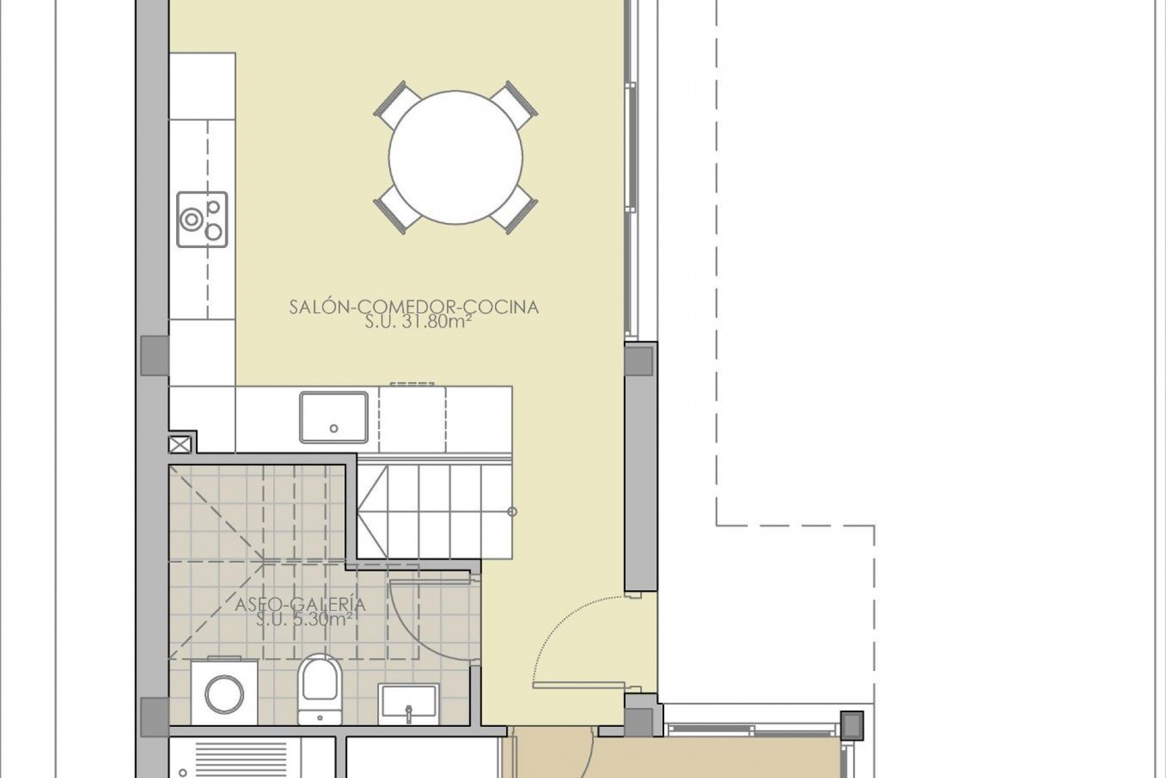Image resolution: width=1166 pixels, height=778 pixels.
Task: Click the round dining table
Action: (x=455, y=157)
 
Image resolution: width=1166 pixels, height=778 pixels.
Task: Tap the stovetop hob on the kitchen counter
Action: (x=202, y=219)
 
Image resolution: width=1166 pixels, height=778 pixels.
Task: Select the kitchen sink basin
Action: (x=333, y=417)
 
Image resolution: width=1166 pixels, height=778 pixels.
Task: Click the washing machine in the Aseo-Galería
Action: (x=224, y=693)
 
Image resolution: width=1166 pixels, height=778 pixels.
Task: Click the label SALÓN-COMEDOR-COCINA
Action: (x=414, y=307)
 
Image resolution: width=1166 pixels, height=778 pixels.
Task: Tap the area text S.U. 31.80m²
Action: (x=418, y=322)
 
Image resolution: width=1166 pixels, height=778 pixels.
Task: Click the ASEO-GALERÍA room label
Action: (x=300, y=605)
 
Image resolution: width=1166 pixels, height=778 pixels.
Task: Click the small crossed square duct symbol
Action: (x=180, y=444)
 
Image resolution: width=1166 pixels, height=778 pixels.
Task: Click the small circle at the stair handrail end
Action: (x=512, y=512)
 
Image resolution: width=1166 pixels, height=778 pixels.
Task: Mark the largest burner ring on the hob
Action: (x=192, y=219)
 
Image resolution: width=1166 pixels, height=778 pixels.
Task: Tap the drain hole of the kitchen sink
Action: (x=333, y=429)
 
